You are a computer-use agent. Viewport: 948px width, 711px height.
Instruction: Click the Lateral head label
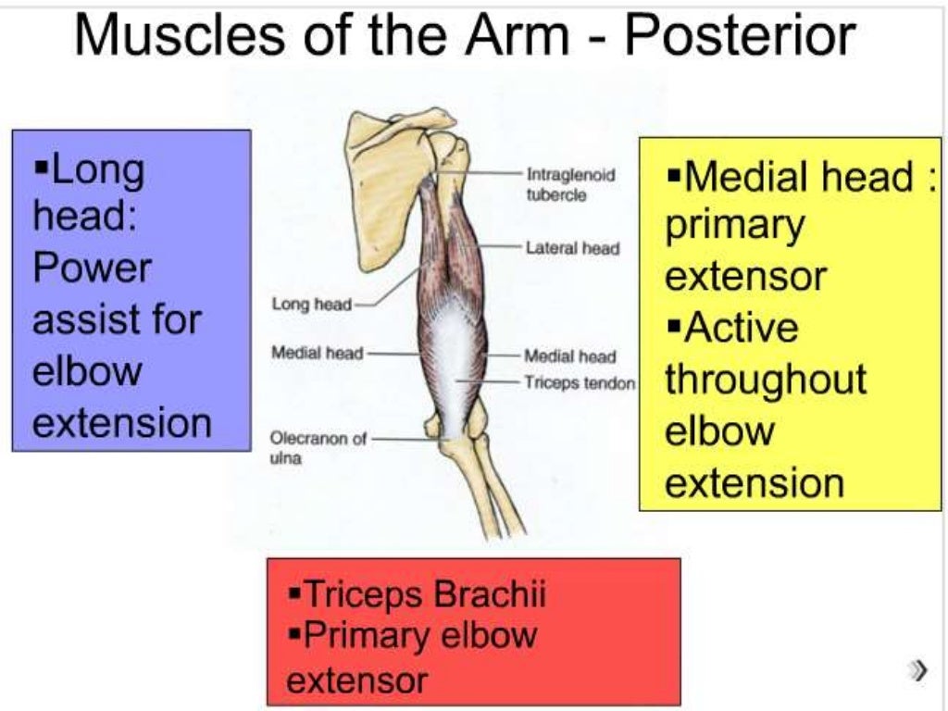(x=572, y=248)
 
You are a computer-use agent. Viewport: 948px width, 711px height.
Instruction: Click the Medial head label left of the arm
(x=317, y=352)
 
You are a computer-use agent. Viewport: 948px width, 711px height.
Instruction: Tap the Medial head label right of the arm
(x=570, y=355)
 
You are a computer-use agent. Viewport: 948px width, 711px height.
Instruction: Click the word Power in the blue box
(x=92, y=269)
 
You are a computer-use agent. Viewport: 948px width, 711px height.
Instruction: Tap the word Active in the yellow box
(x=740, y=329)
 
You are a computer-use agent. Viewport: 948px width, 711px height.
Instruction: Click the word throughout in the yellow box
(x=766, y=380)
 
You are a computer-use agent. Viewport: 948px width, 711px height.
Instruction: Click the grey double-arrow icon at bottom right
(x=917, y=669)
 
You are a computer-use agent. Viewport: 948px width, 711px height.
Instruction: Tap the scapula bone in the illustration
(x=380, y=185)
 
